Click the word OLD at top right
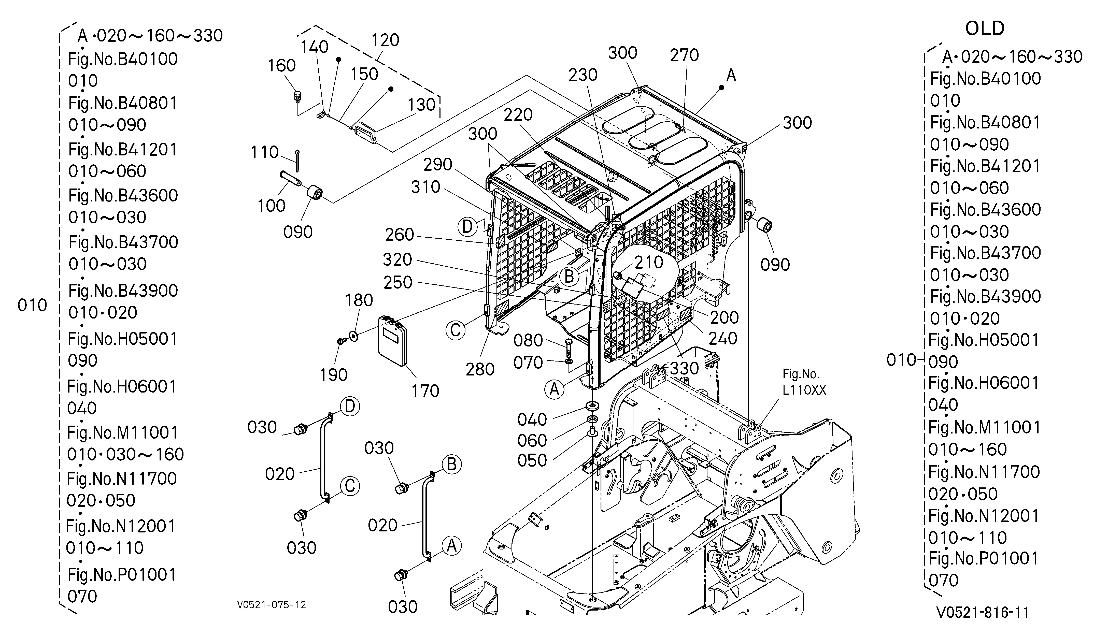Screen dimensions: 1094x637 985,29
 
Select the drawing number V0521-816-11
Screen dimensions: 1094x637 983,612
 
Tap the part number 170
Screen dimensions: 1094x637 425,391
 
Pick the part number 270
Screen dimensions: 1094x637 684,55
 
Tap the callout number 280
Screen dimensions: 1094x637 480,369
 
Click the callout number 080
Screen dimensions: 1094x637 528,341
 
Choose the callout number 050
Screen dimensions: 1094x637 532,460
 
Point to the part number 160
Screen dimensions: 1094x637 282,66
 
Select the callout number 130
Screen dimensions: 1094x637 421,105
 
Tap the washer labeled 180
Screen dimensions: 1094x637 354,336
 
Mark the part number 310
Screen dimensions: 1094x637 426,187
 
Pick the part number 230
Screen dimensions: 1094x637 583,75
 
